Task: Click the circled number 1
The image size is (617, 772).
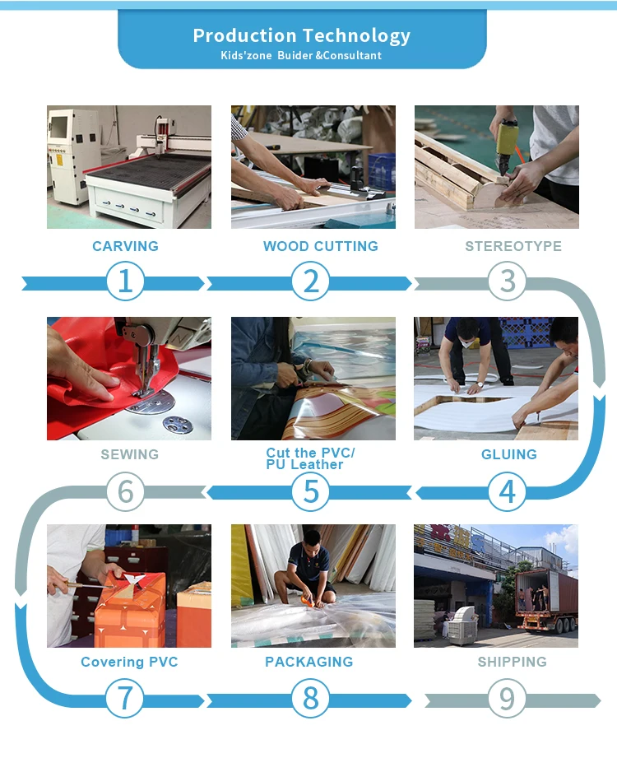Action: pyautogui.click(x=126, y=281)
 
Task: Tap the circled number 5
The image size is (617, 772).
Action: pyautogui.click(x=310, y=491)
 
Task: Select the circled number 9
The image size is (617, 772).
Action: pyautogui.click(x=507, y=698)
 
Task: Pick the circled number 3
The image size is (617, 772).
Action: pyautogui.click(x=508, y=281)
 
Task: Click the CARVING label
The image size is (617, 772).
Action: pyautogui.click(x=126, y=246)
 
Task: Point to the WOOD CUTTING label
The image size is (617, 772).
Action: pyautogui.click(x=321, y=246)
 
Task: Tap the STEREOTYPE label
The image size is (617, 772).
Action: pyautogui.click(x=513, y=246)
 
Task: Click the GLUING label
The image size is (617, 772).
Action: pyautogui.click(x=508, y=454)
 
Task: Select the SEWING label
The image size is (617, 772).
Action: pyautogui.click(x=130, y=454)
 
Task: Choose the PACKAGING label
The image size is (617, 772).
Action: pyautogui.click(x=309, y=662)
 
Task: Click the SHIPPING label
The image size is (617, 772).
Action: pyautogui.click(x=513, y=662)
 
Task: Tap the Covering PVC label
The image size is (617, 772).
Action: pyautogui.click(x=129, y=663)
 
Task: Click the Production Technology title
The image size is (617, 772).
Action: pyautogui.click(x=302, y=36)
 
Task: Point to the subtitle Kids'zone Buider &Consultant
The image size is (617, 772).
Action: pyautogui.click(x=301, y=56)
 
